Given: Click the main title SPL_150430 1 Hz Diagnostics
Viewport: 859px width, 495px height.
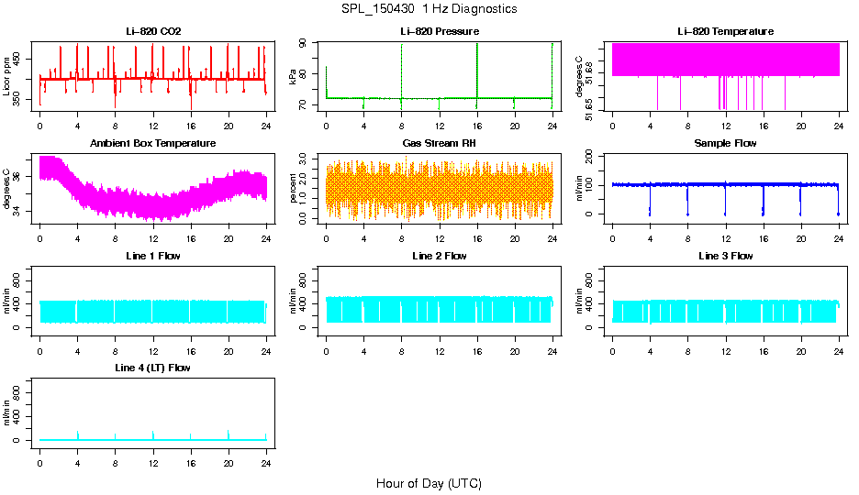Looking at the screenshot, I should tap(429, 9).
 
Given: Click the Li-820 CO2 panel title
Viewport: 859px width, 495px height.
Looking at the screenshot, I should tap(153, 31).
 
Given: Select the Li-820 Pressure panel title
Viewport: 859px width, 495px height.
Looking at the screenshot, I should tap(439, 31).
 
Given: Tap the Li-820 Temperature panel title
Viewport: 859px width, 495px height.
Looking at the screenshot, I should tap(725, 31).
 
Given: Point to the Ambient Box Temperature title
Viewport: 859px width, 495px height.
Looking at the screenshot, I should tap(153, 143).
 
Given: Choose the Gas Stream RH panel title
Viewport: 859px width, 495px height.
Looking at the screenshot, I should tap(439, 143).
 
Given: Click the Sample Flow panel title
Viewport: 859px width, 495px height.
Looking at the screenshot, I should tap(725, 143).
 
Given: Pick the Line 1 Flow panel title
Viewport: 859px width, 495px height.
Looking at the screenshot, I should tap(153, 256).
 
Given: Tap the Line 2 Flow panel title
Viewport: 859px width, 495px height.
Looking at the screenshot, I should tap(439, 256).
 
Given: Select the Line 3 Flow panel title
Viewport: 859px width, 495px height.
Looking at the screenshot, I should tap(725, 256).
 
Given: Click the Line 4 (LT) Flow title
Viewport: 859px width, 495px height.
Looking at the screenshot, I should tap(153, 368).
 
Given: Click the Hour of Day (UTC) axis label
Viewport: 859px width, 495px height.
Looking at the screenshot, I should tap(429, 483).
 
